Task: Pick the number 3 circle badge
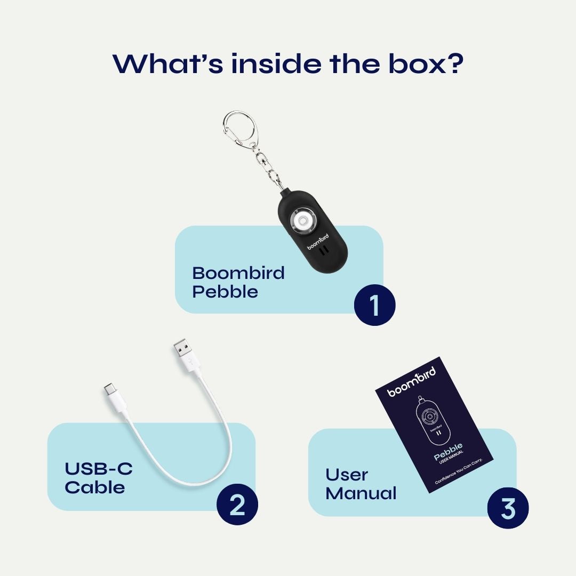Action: click(508, 508)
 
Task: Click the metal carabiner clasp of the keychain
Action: click(238, 128)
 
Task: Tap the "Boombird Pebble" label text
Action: click(238, 282)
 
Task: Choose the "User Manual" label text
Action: click(361, 484)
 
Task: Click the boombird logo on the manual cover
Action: click(411, 381)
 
